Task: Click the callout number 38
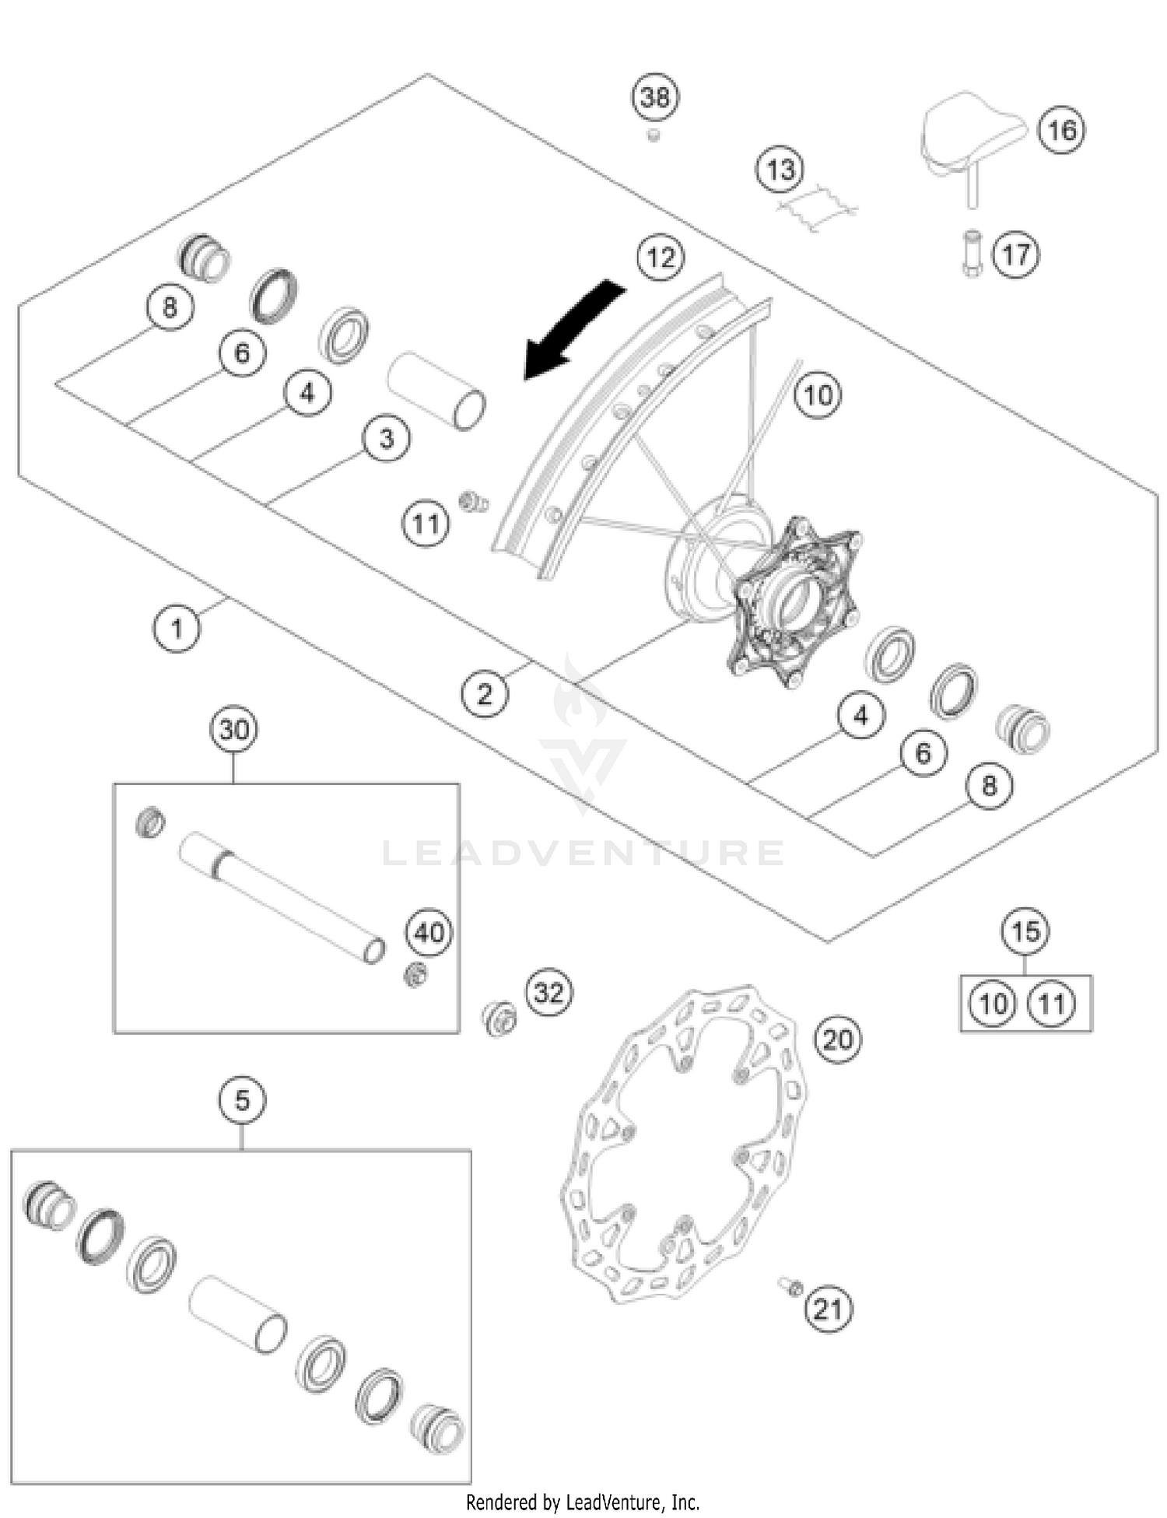654,98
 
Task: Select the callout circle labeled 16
1062,130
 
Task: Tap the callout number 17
1016,254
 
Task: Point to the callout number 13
780,170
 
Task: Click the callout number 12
661,258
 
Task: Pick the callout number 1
177,628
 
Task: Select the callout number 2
485,693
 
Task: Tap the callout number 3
387,439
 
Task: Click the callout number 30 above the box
234,730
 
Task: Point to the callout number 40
429,931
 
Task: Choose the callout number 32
548,992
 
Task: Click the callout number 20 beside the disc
838,1039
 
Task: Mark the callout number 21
828,1309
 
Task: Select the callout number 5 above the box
242,1101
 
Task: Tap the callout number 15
1025,931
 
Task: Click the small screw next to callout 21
790,1287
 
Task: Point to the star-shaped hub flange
794,603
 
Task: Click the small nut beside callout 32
499,1018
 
